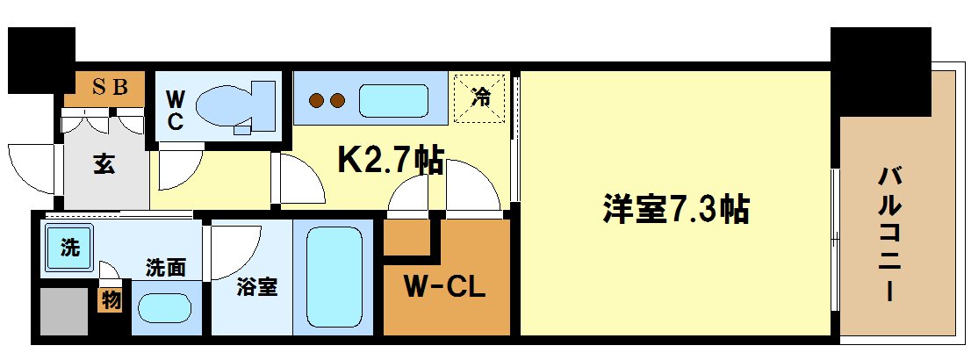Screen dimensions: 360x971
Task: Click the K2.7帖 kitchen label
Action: coord(391,161)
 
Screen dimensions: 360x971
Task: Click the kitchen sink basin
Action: coord(393,100)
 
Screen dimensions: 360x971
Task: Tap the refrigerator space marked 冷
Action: coord(480,96)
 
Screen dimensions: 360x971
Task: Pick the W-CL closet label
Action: coord(444,287)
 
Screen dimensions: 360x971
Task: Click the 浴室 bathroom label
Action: coord(257,287)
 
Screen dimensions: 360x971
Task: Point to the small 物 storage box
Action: coord(111,299)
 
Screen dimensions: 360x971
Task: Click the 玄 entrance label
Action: coord(104,164)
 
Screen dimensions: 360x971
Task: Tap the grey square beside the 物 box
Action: coord(64,310)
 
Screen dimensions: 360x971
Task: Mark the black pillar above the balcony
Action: coord(880,70)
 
